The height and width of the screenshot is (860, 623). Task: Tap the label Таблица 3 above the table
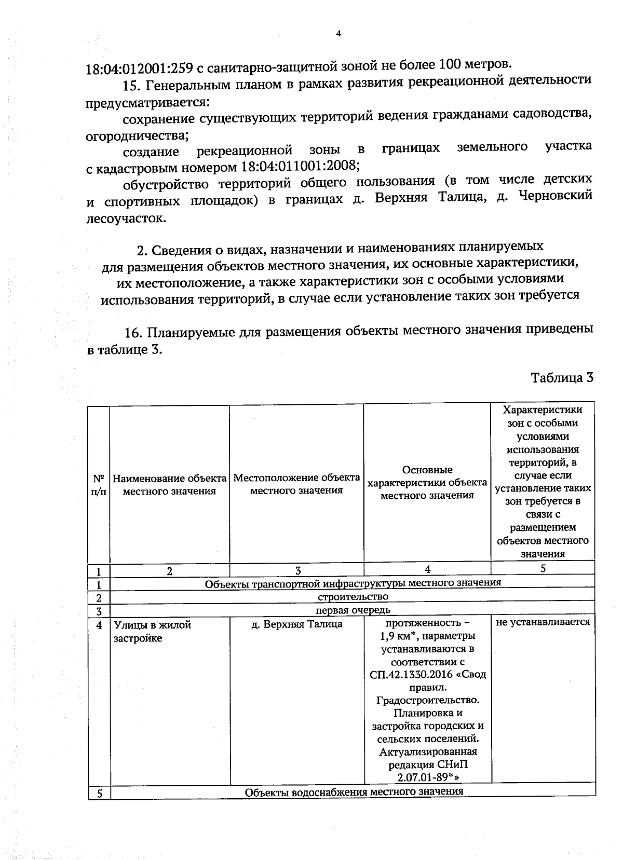[562, 377]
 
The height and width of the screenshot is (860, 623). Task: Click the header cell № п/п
[99, 484]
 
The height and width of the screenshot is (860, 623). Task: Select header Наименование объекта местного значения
[169, 484]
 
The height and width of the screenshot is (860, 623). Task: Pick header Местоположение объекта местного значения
[296, 484]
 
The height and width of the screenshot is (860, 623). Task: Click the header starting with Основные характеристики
[427, 483]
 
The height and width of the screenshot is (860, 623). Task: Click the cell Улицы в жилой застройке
[152, 631]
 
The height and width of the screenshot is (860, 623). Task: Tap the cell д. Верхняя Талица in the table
[296, 624]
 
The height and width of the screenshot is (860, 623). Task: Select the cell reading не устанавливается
[543, 622]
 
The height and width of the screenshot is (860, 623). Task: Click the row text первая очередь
[353, 610]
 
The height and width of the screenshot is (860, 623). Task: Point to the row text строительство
[353, 596]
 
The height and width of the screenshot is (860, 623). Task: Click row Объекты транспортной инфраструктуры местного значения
[353, 582]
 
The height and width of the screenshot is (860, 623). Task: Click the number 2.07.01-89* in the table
[427, 776]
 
